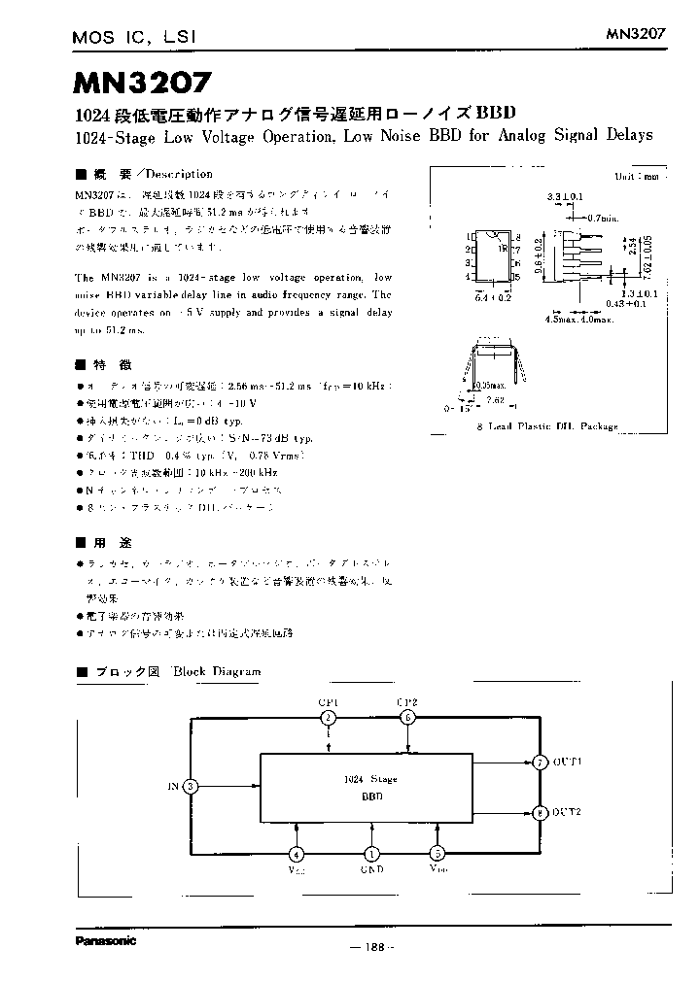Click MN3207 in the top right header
636,33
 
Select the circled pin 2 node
329,718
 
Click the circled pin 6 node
408,718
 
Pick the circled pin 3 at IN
192,786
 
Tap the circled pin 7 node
540,763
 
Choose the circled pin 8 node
540,813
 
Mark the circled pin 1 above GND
370,854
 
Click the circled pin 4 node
296,854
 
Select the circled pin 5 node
438,854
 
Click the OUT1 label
567,763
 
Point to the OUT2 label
567,812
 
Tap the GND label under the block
370,870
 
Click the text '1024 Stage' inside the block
370,779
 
